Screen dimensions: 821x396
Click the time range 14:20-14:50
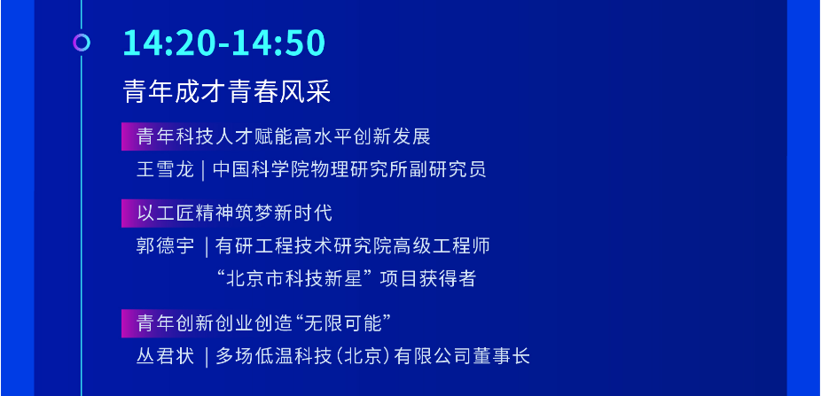click(224, 43)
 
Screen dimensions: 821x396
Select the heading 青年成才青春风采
click(227, 92)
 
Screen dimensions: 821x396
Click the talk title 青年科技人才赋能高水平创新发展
click(283, 136)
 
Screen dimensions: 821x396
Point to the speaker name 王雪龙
click(165, 169)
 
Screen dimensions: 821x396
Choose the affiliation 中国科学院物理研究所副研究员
click(349, 169)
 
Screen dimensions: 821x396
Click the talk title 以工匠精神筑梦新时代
click(234, 213)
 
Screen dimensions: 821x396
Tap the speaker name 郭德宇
click(165, 245)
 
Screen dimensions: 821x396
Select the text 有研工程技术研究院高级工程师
click(352, 245)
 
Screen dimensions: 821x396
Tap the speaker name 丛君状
click(165, 356)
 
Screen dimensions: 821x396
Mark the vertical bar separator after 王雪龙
click(204, 170)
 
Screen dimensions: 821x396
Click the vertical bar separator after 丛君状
click(207, 357)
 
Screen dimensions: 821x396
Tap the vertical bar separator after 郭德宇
click(207, 246)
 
